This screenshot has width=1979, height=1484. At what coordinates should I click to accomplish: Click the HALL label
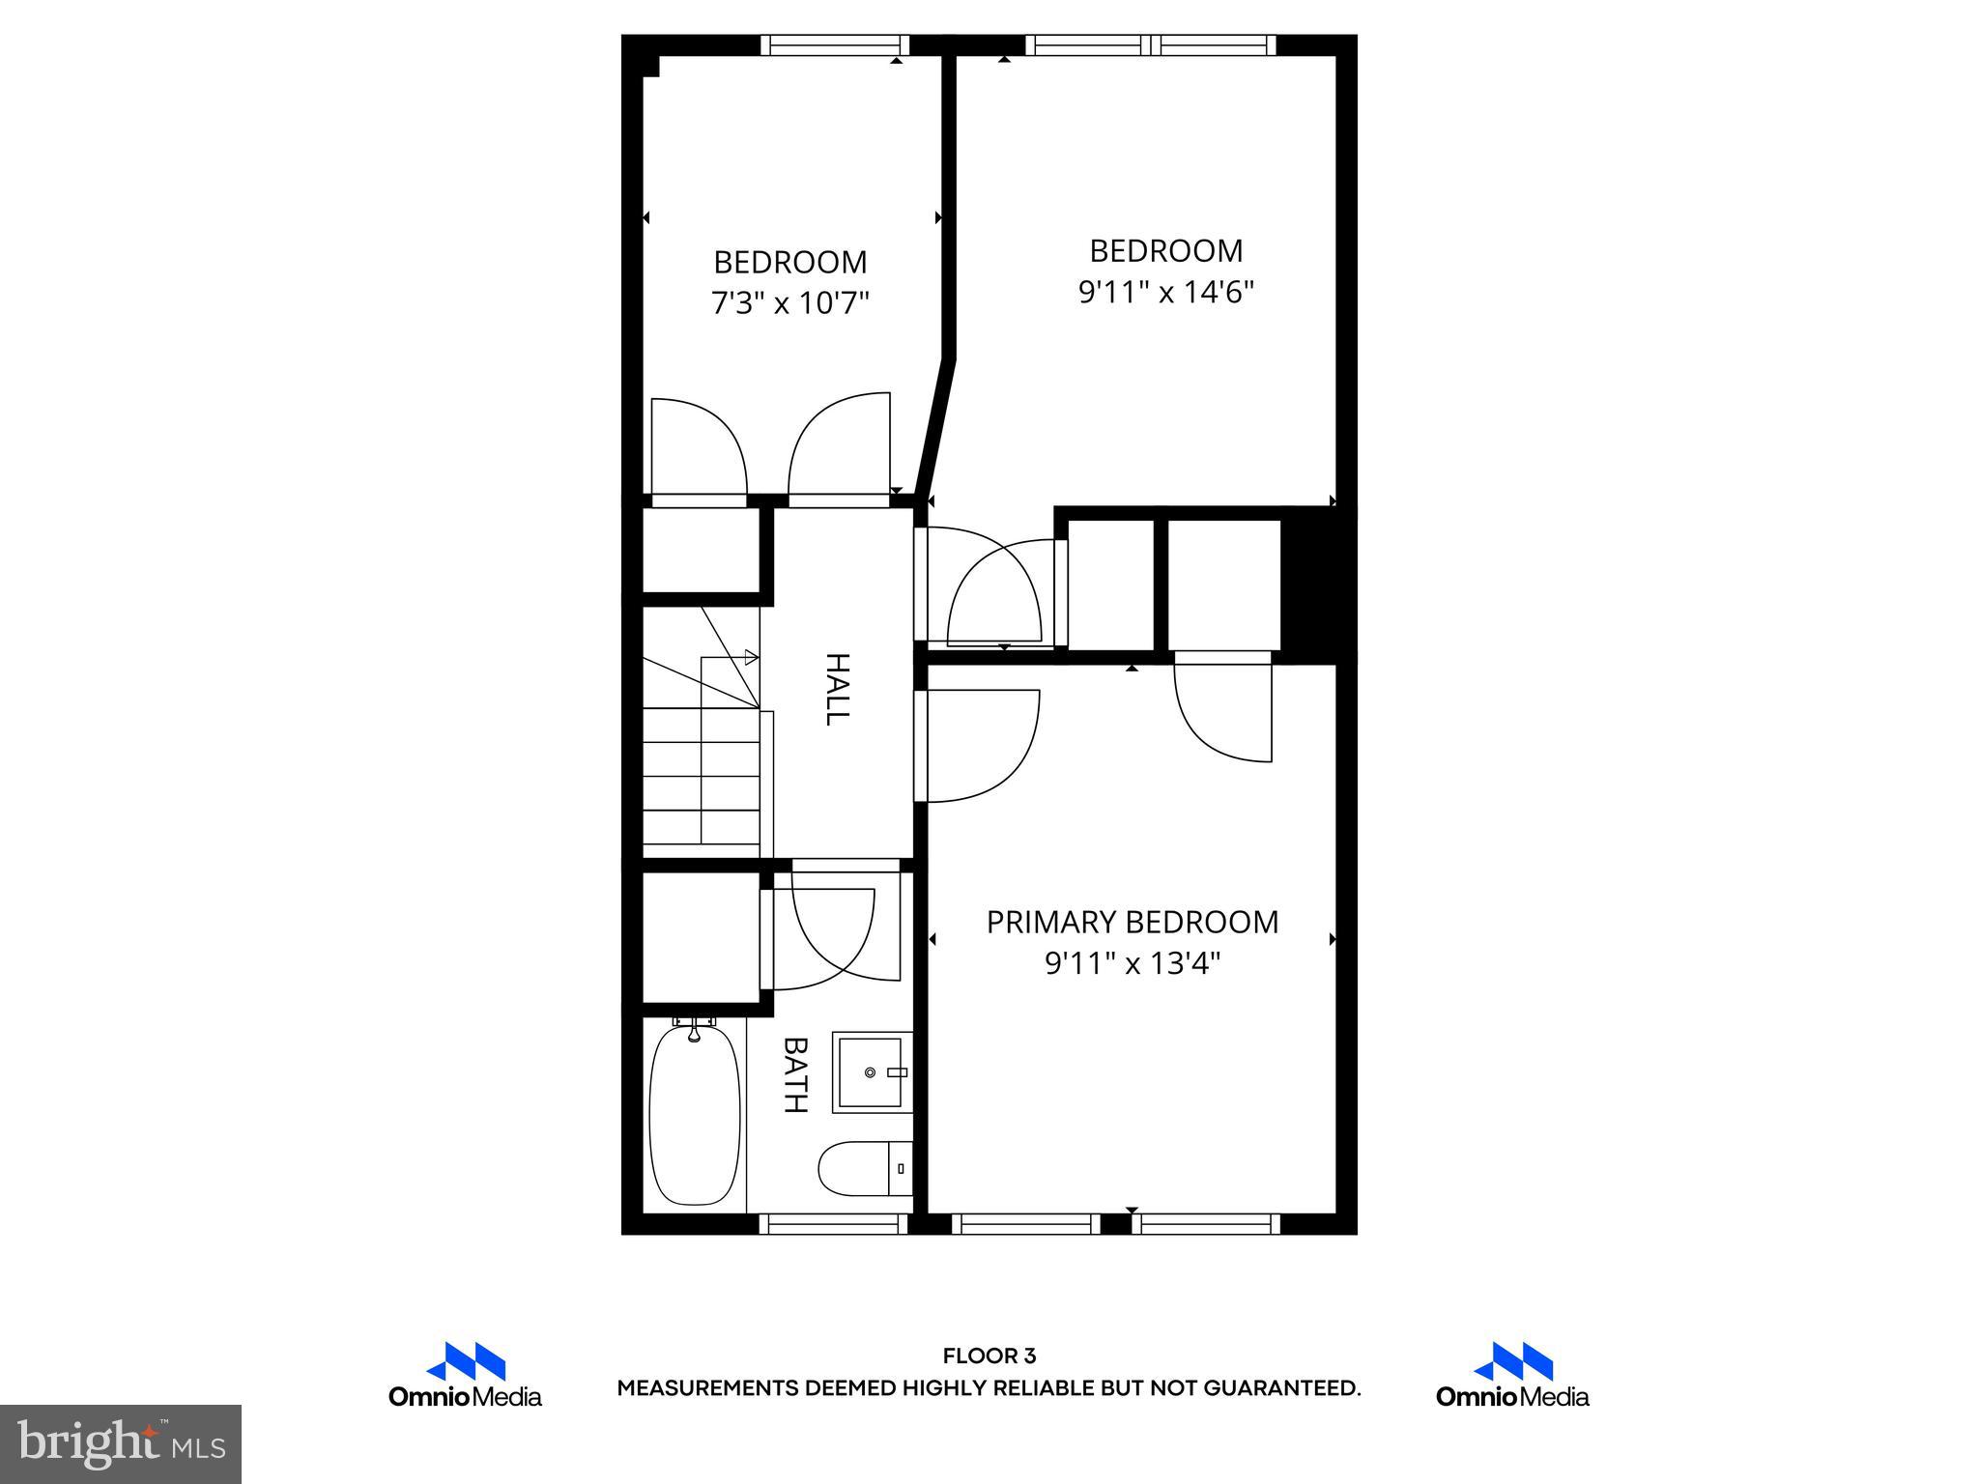pyautogui.click(x=837, y=689)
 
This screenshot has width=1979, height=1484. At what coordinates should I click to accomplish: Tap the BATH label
pyautogui.click(x=795, y=1075)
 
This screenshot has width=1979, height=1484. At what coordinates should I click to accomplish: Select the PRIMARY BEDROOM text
pyautogui.click(x=1132, y=923)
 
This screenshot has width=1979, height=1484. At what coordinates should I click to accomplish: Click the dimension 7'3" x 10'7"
pyautogui.click(x=790, y=303)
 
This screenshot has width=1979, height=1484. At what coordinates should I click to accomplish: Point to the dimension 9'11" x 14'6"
pyautogui.click(x=1165, y=292)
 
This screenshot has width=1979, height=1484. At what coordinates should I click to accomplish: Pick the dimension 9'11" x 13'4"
pyautogui.click(x=1132, y=963)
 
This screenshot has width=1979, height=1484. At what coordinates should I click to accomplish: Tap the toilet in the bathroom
pyautogui.click(x=863, y=1169)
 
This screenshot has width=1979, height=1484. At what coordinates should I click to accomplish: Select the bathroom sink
pyautogui.click(x=871, y=1072)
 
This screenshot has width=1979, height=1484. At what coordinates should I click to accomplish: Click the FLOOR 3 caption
pyautogui.click(x=989, y=1356)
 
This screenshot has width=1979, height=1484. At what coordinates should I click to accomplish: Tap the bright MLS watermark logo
pyautogui.click(x=121, y=1443)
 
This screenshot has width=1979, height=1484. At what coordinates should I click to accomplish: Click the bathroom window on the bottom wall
pyautogui.click(x=834, y=1224)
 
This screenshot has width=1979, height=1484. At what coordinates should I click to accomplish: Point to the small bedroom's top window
pyautogui.click(x=835, y=44)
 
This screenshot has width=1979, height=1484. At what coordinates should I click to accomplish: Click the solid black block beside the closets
pyautogui.click(x=1317, y=585)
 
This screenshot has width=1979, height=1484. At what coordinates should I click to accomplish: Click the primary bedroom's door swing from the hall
pyautogui.click(x=976, y=745)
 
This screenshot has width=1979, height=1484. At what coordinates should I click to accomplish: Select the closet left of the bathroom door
pyautogui.click(x=702, y=937)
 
